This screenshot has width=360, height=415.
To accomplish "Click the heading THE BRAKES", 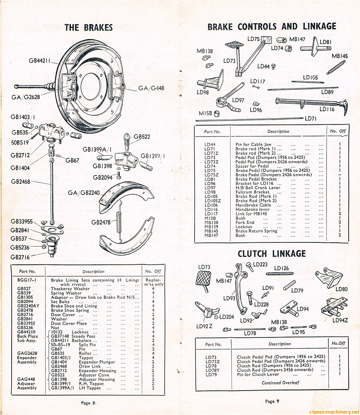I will coord(89,28).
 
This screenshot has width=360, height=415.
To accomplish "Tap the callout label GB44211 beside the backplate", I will coord(39,61).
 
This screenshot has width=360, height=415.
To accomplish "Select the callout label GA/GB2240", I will coord(84,193).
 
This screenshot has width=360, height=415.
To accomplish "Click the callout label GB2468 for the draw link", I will coord(20,181).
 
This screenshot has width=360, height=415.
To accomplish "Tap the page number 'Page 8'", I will coord(88,403).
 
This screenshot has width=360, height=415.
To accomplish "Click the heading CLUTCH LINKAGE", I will coord(272,254).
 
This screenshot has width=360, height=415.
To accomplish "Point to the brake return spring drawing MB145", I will coord(336,67).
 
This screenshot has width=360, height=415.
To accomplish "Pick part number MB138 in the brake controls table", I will coord(211,222).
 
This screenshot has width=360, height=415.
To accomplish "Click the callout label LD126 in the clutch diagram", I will coord(282,268).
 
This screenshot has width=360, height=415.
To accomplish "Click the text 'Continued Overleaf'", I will coord(280,383).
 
